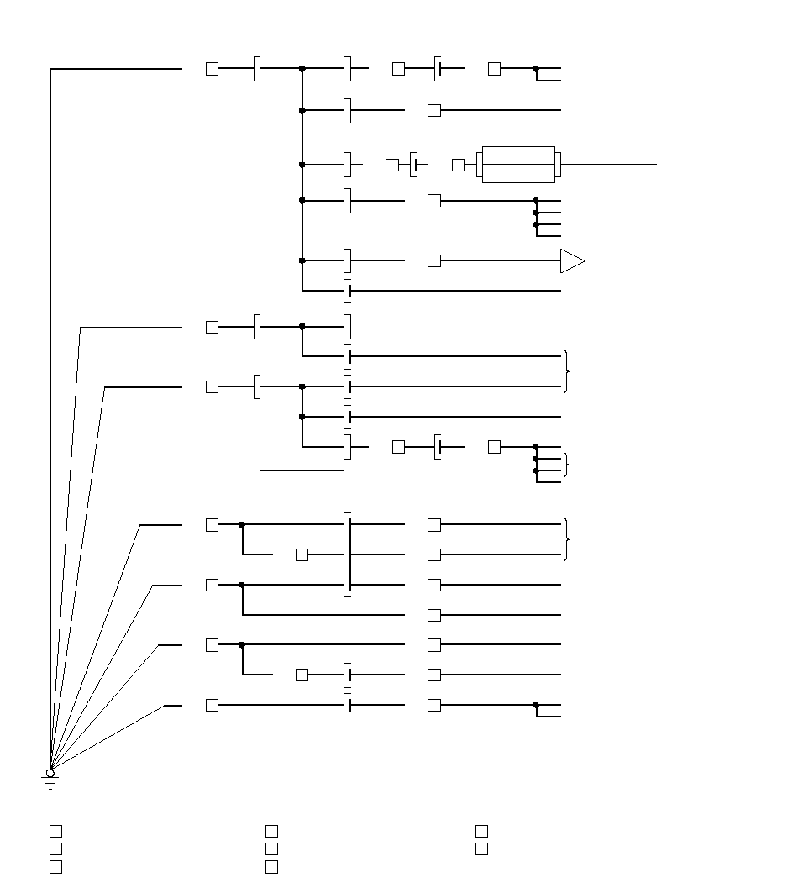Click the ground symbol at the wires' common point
[50, 782]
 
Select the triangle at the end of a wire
[571, 260]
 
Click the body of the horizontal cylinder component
[518, 165]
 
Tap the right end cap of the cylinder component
[558, 165]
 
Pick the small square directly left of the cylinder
[458, 165]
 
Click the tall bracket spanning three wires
[348, 554]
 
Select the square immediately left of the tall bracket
[302, 554]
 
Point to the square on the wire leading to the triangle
[434, 260]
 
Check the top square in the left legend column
[55, 831]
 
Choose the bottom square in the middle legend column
[271, 866]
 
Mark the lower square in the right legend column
[481, 848]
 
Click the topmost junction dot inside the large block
[302, 68]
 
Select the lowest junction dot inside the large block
[302, 417]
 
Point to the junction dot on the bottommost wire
[536, 705]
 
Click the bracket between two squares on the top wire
[438, 68]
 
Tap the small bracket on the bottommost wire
[348, 705]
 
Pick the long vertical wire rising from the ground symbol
[50, 420]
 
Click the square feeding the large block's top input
[212, 68]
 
